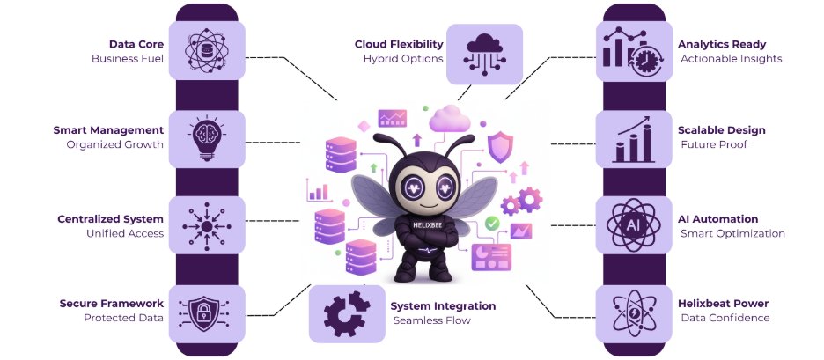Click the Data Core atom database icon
tap(206, 50)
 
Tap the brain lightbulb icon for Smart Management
tap(206, 138)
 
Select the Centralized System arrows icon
tap(206, 225)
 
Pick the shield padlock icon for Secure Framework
tap(206, 312)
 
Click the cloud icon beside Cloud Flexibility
tap(484, 52)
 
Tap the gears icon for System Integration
tap(347, 313)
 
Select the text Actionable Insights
tap(731, 59)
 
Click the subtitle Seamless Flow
tap(431, 320)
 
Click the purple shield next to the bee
tap(500, 146)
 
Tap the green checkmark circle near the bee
tap(492, 224)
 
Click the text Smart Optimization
tap(732, 234)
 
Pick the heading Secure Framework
tap(111, 304)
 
